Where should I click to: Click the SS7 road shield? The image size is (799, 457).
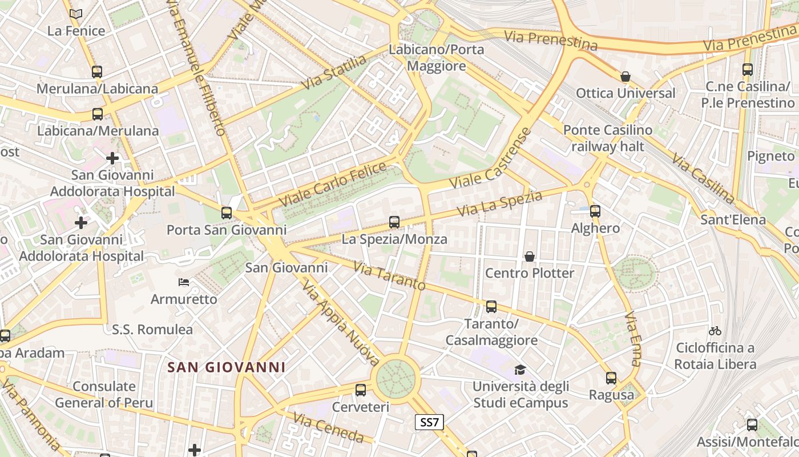(x=429, y=422)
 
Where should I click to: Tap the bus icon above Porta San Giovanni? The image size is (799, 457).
(x=227, y=213)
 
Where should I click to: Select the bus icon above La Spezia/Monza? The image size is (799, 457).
(x=394, y=222)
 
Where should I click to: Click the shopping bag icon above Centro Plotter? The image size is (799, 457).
(x=530, y=256)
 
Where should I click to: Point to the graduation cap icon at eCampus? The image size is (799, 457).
(x=519, y=370)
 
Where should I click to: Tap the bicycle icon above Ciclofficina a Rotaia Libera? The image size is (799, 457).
(x=715, y=330)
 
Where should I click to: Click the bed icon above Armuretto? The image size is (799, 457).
(x=184, y=282)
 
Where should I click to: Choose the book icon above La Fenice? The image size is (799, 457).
(x=76, y=14)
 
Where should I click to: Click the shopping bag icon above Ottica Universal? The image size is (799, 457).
(x=626, y=77)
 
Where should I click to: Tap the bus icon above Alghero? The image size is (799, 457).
(x=595, y=211)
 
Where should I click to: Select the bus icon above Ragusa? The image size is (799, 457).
(x=611, y=378)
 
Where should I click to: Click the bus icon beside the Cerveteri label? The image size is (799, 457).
(x=360, y=390)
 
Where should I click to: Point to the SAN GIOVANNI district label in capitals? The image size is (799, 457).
(x=227, y=367)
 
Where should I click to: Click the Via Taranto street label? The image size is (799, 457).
(x=389, y=275)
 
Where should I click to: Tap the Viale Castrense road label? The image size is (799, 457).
(x=490, y=159)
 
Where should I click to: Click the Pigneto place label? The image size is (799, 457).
(x=770, y=156)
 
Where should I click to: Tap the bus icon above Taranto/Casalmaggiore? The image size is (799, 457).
(x=491, y=307)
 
